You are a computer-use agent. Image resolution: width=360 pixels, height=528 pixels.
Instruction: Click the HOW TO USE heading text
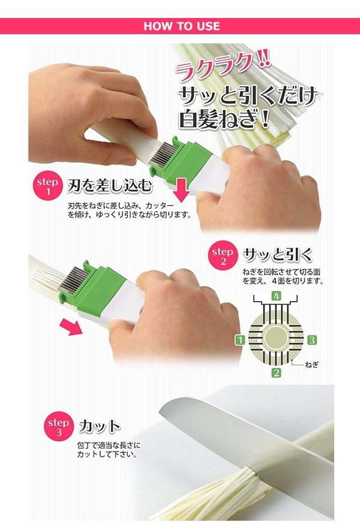point(182,26)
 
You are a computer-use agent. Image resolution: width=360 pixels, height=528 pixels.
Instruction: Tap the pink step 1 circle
point(47,186)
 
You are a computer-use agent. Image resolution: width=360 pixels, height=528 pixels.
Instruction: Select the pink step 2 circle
point(223,256)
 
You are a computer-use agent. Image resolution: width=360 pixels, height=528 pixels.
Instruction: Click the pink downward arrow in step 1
point(181,190)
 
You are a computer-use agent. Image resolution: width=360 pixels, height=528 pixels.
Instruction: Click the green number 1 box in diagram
point(240,340)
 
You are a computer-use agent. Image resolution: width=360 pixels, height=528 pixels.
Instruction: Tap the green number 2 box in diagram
point(277,373)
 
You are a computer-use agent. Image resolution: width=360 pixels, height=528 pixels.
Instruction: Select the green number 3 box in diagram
point(312,340)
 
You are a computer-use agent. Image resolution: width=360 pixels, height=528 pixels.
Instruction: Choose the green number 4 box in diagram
point(277,296)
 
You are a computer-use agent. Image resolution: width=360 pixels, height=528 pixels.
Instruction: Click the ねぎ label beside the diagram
point(311,364)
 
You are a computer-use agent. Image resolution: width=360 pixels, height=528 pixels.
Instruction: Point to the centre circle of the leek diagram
point(276,338)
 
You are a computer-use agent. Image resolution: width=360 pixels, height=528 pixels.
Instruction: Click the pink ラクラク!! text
point(222,67)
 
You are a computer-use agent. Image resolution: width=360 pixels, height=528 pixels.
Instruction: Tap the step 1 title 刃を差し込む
point(110,185)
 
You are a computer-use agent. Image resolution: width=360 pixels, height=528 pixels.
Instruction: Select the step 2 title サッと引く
point(277,255)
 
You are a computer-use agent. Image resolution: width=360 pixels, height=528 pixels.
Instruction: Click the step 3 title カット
point(100,426)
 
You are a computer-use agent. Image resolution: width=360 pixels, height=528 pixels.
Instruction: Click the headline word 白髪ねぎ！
point(224,119)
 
